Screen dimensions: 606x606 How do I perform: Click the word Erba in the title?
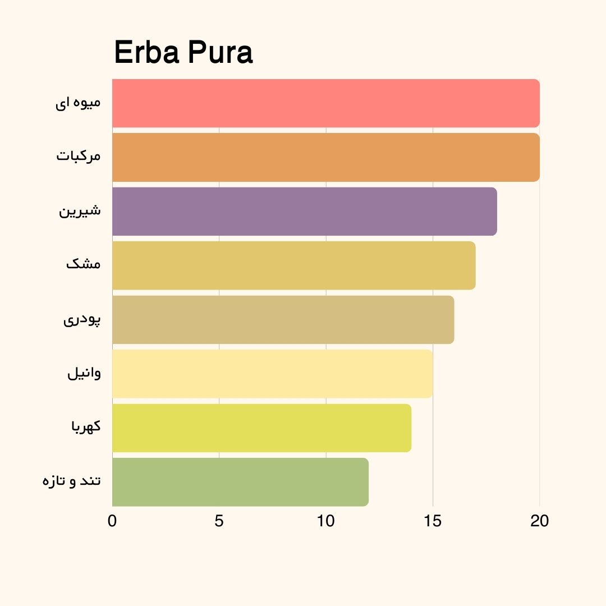[x=147, y=53]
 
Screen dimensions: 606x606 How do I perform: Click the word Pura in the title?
[x=220, y=53]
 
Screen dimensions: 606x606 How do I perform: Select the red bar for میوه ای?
[x=325, y=103]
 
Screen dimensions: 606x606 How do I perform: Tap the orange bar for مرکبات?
[x=325, y=157]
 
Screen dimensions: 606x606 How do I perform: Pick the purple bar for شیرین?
[x=304, y=211]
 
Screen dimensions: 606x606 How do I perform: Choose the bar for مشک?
[x=293, y=265]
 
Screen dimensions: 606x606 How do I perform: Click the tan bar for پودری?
[x=283, y=319]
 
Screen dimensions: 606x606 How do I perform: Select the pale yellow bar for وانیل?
[x=272, y=374]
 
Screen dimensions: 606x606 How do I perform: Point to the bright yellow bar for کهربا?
[x=261, y=428]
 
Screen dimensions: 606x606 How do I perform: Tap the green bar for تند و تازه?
[x=240, y=482]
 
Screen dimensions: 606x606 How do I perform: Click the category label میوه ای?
[x=78, y=103]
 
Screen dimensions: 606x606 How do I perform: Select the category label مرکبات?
[x=78, y=155]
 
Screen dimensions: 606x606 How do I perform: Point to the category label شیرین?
[x=80, y=211]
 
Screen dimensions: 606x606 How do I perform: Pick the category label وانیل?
[x=84, y=373]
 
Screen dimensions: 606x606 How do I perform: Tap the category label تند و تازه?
[x=71, y=481]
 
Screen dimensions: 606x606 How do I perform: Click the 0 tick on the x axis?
[x=112, y=521]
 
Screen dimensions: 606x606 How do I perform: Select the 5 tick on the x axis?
[x=219, y=521]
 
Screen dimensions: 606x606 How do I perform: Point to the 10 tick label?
[x=325, y=521]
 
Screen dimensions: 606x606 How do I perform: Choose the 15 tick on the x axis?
[x=433, y=521]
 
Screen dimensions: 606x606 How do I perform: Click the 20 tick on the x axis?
[x=539, y=521]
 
